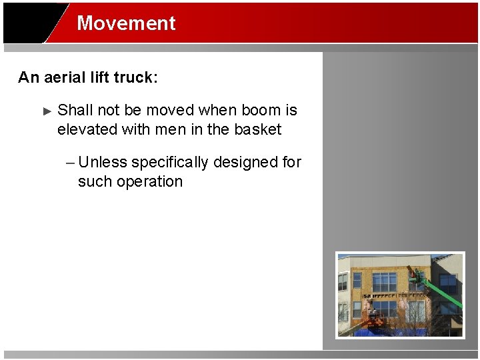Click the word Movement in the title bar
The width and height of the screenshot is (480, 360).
click(126, 23)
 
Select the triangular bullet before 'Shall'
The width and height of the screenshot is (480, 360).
click(47, 111)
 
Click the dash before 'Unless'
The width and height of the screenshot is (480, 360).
click(71, 163)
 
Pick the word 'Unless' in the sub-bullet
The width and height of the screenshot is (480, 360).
click(103, 162)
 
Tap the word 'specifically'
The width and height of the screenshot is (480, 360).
click(169, 163)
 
